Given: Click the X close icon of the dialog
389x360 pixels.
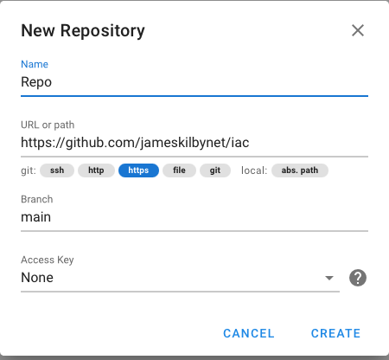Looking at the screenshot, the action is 358,30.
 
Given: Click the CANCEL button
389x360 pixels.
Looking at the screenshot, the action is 249,333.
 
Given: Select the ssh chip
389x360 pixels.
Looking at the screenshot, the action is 57,170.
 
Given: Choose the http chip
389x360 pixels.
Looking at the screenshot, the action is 96,170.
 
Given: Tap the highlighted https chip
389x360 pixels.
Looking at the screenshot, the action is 138,170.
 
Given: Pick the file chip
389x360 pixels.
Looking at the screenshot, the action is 179,170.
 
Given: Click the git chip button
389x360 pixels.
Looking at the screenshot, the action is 215,170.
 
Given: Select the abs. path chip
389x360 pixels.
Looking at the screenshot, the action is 300,170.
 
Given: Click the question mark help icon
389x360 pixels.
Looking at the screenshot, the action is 358,278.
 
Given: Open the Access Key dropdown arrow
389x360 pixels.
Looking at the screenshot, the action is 329,278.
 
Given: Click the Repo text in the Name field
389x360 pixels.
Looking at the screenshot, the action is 36,82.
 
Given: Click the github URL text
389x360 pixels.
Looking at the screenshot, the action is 135,143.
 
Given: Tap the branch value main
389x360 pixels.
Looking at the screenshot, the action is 36,217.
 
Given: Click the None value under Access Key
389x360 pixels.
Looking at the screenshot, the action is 37,278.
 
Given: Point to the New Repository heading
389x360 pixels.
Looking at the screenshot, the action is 83,31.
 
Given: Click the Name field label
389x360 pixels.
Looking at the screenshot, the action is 35,64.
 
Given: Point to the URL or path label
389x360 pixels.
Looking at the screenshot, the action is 48,125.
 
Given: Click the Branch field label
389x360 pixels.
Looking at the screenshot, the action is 37,199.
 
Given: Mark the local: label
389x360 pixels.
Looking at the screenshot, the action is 254,170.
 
